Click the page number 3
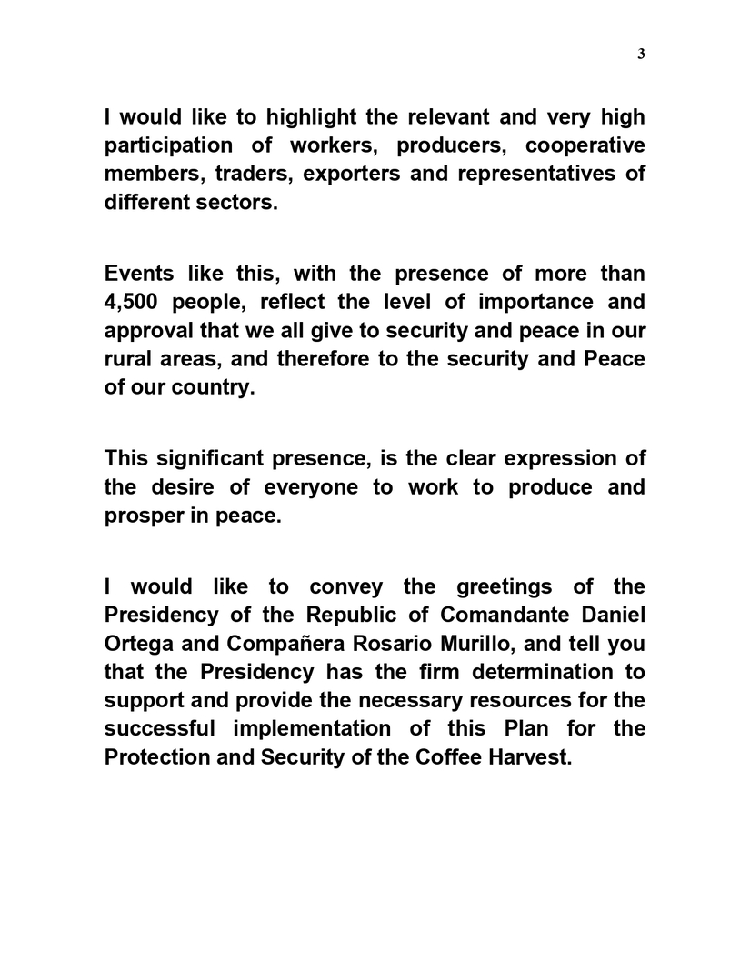coord(641,54)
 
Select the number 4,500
coord(137,302)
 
